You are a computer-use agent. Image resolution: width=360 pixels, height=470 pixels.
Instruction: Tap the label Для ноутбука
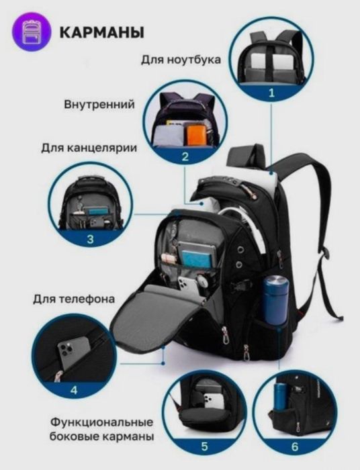click(181, 59)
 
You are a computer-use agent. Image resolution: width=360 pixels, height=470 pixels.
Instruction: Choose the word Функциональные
click(101, 422)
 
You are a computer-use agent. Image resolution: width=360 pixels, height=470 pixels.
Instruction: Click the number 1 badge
click(271, 93)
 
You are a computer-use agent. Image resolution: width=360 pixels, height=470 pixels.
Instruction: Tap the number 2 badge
click(184, 158)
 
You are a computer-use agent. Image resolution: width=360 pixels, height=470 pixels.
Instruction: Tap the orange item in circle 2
click(195, 134)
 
